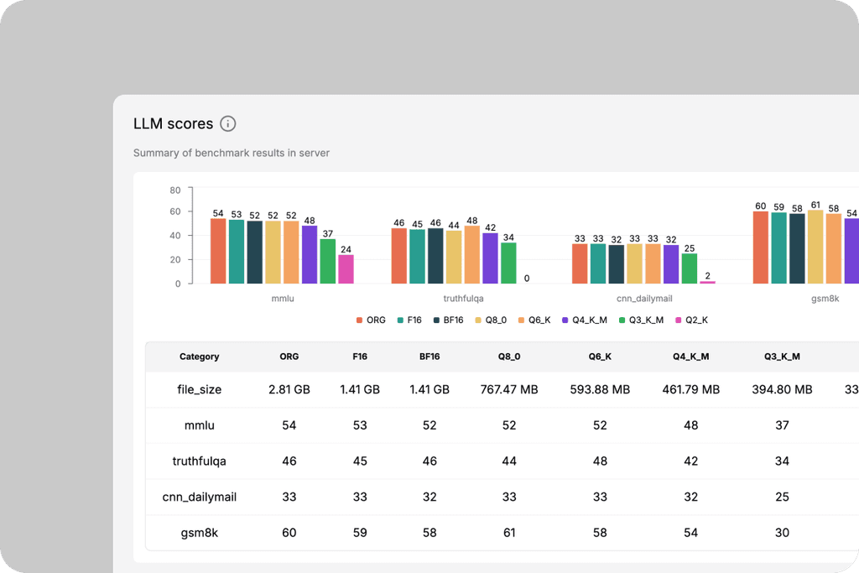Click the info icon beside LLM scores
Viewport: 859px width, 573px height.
coord(228,124)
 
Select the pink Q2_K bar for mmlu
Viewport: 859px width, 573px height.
coord(346,269)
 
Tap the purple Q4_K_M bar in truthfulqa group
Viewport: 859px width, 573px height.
coord(490,258)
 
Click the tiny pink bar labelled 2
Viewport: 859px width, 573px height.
coord(707,282)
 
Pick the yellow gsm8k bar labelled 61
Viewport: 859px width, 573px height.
coord(815,247)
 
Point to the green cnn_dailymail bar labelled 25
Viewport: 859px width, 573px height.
coord(690,268)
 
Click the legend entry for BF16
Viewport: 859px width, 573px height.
coord(448,320)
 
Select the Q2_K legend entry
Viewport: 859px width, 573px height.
coord(691,320)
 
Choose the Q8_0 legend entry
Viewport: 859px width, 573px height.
coord(491,320)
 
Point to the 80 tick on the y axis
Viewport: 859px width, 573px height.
coord(174,190)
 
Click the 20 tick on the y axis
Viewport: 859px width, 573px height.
coord(174,260)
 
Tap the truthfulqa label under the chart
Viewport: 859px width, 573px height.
coord(463,299)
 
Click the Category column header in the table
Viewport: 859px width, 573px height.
coord(200,357)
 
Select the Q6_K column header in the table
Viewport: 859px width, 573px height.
coord(600,357)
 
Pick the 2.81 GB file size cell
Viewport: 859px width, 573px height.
coord(289,389)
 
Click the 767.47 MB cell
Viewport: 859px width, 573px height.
coord(509,389)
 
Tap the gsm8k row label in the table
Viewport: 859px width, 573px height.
coord(200,533)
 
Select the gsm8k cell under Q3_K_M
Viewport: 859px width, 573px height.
coord(782,533)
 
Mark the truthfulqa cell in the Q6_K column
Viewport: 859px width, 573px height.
coord(600,461)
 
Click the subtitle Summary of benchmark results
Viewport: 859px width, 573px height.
coord(232,153)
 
